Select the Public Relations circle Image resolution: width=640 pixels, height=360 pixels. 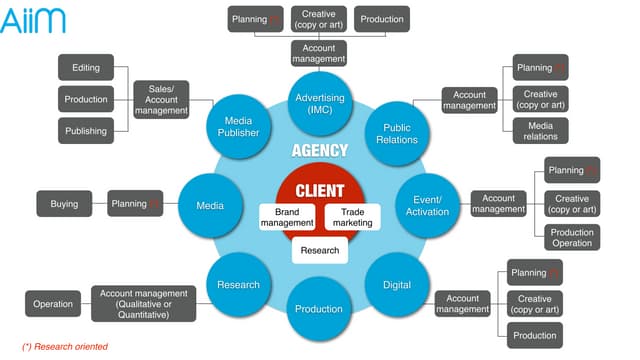tap(397, 134)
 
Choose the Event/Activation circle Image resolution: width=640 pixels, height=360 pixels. tap(428, 205)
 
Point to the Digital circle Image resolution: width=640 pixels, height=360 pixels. tap(396, 285)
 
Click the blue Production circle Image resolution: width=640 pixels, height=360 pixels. tap(319, 308)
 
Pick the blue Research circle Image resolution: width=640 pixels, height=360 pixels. tap(238, 285)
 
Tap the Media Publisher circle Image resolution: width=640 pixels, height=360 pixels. tap(239, 125)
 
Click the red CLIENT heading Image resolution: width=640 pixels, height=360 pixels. tap(320, 190)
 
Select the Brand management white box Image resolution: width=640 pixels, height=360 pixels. tap(287, 217)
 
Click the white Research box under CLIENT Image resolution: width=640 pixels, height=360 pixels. tap(320, 250)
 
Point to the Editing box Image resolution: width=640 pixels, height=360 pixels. tap(85, 68)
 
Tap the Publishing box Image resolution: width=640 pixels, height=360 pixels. tap(85, 130)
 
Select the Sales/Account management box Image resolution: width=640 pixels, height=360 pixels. tap(162, 99)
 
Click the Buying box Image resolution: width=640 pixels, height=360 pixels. tap(64, 204)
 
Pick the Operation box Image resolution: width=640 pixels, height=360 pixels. tap(53, 304)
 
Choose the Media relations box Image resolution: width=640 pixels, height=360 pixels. tap(541, 130)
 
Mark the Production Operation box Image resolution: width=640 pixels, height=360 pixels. tap(572, 236)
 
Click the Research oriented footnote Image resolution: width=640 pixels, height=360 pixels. tap(64, 346)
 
